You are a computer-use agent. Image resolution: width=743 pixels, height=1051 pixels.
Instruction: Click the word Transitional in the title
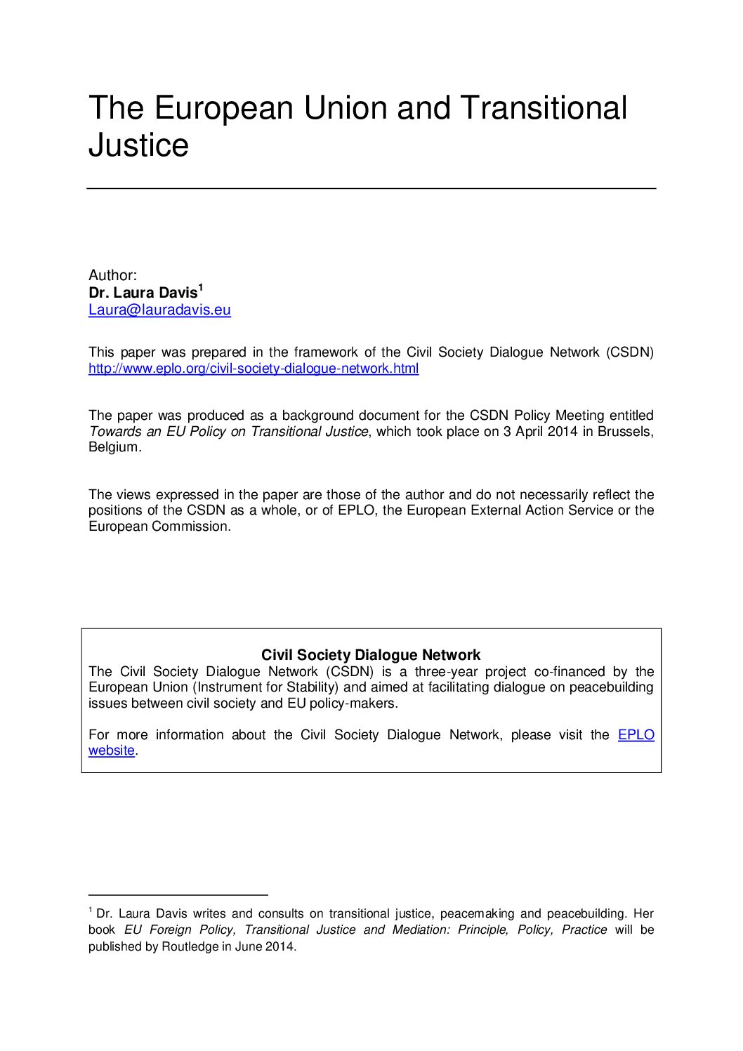(x=544, y=108)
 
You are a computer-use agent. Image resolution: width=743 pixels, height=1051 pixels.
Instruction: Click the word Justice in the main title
(x=138, y=145)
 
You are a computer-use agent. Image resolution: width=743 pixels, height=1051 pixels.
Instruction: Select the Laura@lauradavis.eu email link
(x=159, y=310)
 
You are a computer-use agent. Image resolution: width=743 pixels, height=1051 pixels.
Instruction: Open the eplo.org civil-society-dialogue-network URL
(x=254, y=369)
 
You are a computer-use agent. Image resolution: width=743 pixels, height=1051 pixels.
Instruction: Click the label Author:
(x=112, y=275)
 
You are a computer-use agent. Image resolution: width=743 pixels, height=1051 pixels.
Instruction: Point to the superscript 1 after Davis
(x=201, y=287)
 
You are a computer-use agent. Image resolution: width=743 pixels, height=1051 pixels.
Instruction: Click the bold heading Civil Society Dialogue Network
(x=371, y=655)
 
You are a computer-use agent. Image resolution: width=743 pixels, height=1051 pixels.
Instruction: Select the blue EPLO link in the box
(x=636, y=735)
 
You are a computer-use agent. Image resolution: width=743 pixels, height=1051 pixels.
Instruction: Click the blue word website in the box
(x=111, y=751)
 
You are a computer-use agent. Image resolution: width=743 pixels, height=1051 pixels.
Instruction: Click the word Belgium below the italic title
(x=113, y=447)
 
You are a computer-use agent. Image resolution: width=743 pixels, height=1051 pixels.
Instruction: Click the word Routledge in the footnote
(x=190, y=946)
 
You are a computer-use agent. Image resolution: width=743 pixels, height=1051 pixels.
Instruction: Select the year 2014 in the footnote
(x=280, y=946)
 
